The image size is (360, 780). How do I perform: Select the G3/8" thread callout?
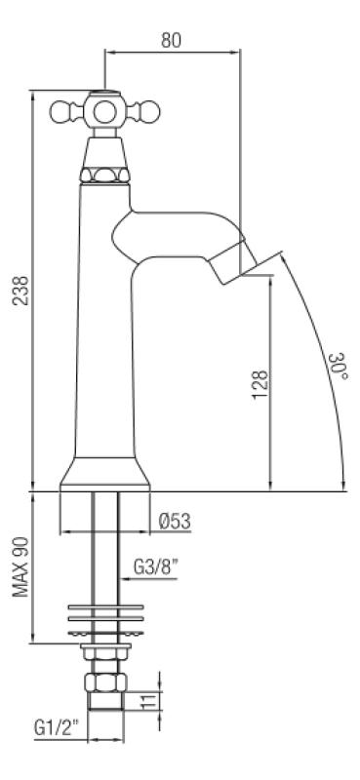(x=156, y=566)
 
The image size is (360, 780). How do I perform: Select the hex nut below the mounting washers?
(x=103, y=682)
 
